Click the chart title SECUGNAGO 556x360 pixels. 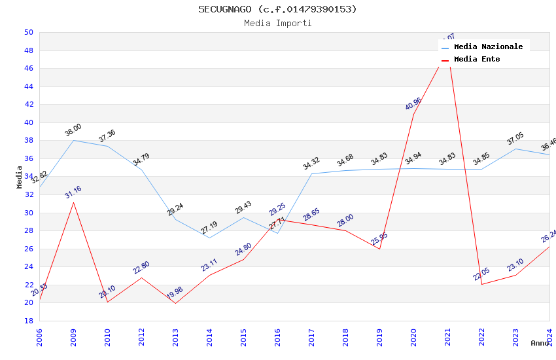[277, 9]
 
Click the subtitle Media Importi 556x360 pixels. [277, 23]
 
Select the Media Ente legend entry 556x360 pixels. [477, 59]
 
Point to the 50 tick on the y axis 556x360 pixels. [29, 32]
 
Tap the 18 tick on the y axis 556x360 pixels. [29, 321]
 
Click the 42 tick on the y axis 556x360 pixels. [29, 104]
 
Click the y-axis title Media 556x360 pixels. [20, 177]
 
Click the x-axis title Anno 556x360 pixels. [540, 343]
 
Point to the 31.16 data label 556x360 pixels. [73, 192]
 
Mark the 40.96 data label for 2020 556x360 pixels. [413, 103]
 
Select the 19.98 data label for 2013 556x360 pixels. [175, 293]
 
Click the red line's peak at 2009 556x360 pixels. [73, 202]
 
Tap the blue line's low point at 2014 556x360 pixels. [209, 238]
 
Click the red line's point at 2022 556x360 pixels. [481, 284]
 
